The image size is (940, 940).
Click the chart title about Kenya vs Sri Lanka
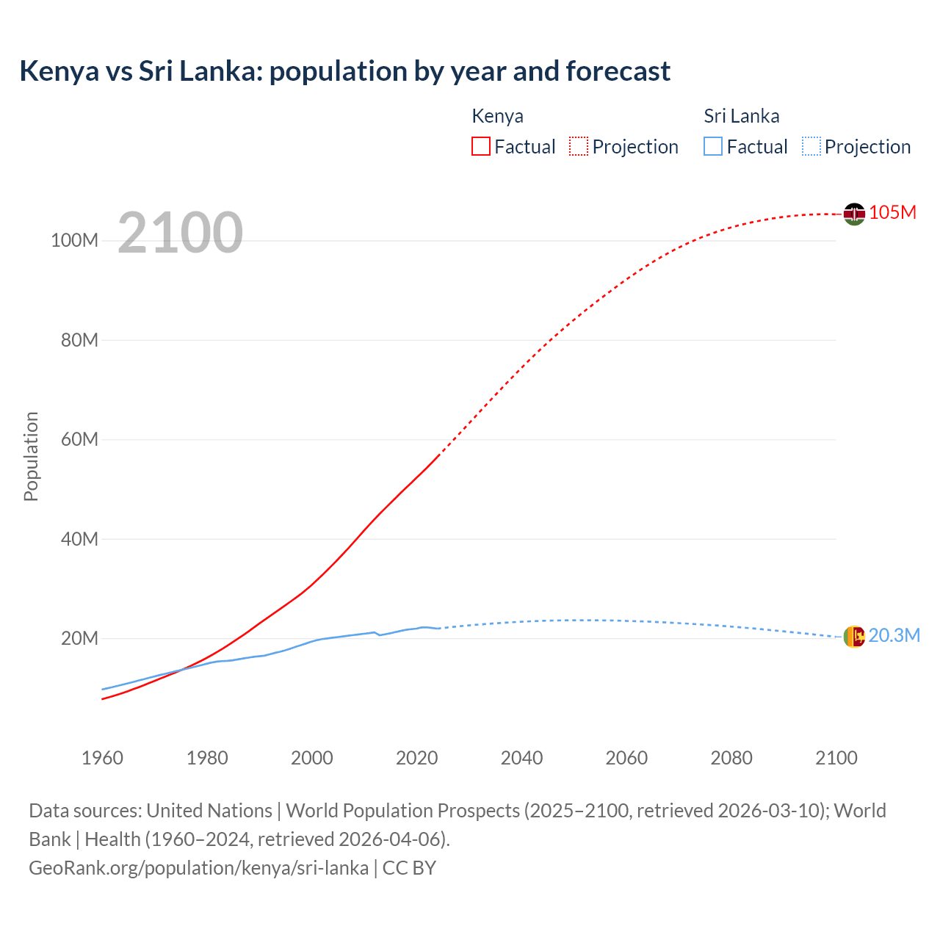point(344,71)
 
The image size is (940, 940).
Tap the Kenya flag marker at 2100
point(854,214)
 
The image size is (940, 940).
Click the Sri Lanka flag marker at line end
point(854,637)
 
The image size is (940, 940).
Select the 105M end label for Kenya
point(892,212)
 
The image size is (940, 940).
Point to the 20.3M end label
point(894,635)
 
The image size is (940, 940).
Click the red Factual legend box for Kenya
point(480,146)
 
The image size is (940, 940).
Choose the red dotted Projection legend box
point(579,146)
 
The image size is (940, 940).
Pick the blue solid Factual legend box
point(712,146)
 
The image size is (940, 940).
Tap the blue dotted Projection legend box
point(811,146)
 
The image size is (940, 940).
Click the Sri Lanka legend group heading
point(741,116)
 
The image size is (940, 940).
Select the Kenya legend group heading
point(497,116)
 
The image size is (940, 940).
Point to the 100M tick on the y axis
point(74,241)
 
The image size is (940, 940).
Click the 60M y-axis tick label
point(79,440)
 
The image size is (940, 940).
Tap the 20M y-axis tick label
point(79,638)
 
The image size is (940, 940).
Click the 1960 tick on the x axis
point(102,758)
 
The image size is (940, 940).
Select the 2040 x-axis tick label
point(521,758)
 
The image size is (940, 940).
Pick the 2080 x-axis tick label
point(731,758)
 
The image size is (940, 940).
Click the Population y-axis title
point(31,456)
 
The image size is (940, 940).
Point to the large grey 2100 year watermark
point(180,232)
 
